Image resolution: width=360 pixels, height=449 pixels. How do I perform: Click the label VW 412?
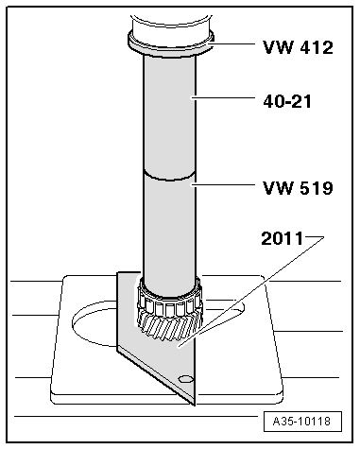pos(299,47)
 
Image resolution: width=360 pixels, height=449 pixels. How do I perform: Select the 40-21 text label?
pos(287,96)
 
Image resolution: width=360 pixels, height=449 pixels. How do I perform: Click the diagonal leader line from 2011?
pos(255,289)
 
